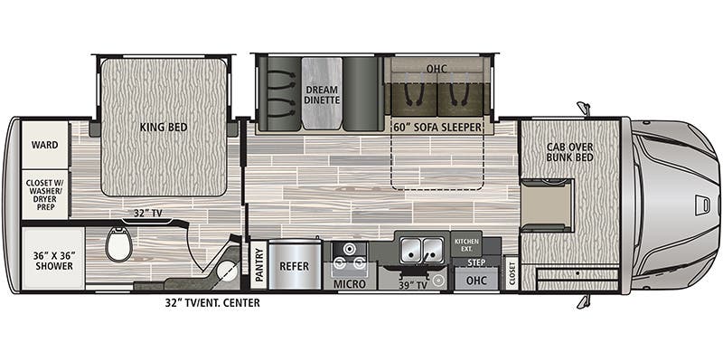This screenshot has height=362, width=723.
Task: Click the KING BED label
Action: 164,127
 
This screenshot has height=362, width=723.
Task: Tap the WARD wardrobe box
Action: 44,145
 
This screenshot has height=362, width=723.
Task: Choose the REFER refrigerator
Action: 295,268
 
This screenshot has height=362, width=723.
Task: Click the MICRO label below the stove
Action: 349,283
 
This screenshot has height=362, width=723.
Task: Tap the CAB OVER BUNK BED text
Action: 569,155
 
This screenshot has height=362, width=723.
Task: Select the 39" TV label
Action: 411,284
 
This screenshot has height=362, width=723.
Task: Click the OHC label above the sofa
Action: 437,68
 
